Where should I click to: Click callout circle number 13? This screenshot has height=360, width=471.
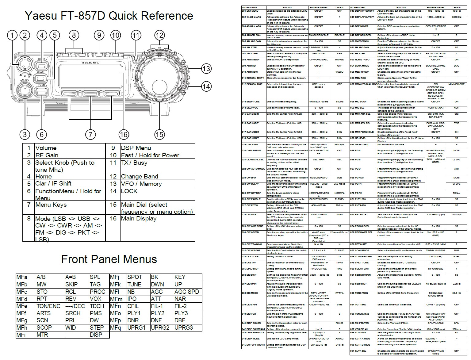tap(206, 68)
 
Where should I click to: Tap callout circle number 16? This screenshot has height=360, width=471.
tap(124, 134)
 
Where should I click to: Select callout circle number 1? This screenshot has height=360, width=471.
tap(12, 35)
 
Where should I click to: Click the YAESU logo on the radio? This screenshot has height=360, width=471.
tap(90, 62)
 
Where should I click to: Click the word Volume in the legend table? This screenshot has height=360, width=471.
tap(46, 148)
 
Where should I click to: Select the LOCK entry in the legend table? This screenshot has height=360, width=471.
tap(129, 191)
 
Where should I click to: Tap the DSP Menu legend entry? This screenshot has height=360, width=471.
tap(136, 148)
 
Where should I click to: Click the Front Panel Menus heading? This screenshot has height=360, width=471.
tap(109, 259)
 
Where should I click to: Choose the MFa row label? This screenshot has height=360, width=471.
tap(22, 277)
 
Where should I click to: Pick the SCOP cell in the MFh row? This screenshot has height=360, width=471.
tap(44, 327)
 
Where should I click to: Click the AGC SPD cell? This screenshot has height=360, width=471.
tap(186, 292)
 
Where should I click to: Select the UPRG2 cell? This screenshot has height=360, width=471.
tap(160, 327)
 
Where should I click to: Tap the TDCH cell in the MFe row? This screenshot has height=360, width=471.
tap(97, 306)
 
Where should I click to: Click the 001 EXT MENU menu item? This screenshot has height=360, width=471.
tap(250, 11)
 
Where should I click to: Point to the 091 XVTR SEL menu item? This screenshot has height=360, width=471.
tap(358, 351)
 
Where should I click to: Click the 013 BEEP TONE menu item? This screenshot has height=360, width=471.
tap(251, 101)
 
